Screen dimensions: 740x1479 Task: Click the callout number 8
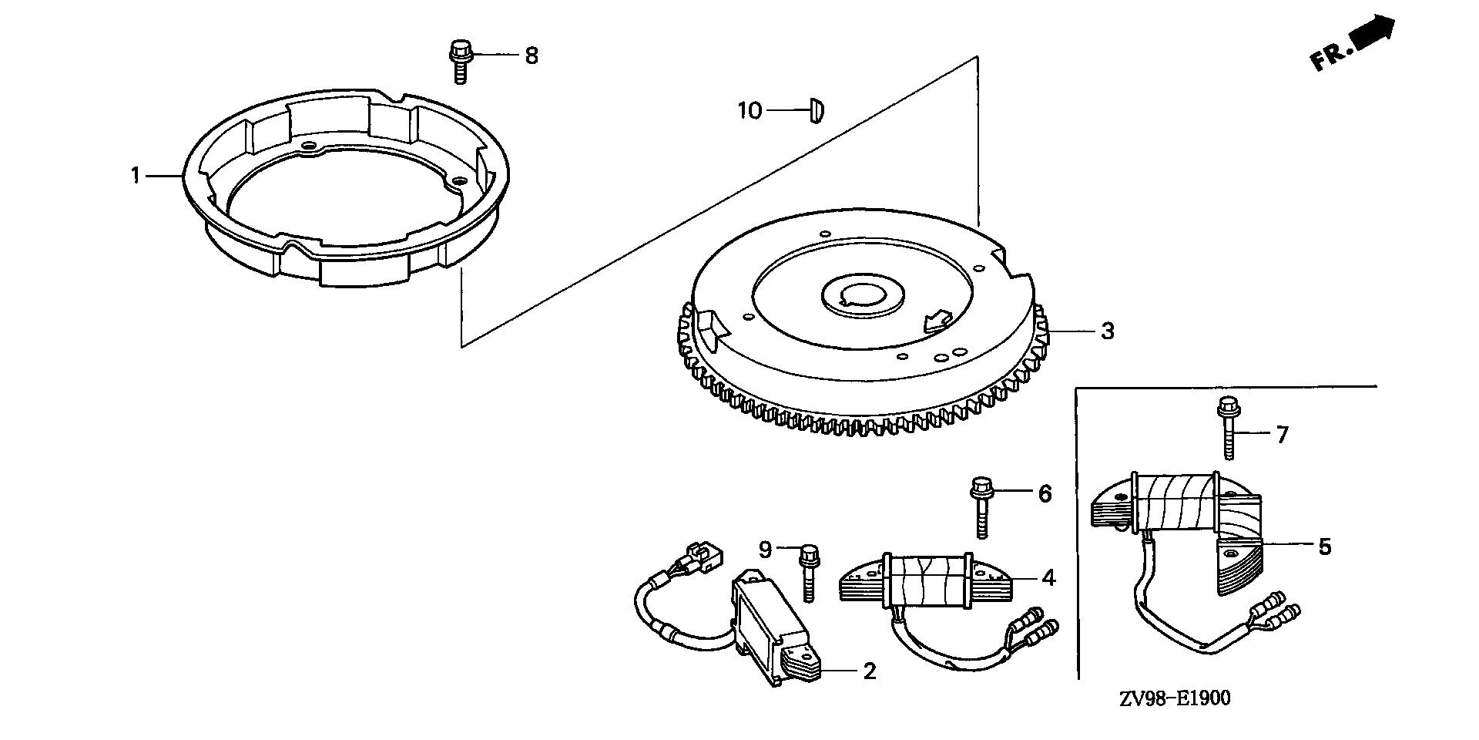532,56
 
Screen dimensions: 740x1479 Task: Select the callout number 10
749,111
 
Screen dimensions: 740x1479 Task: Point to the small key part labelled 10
817,109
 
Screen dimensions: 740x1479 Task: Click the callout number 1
136,177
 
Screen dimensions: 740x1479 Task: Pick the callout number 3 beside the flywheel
1107,331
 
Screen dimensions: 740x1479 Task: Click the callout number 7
1282,436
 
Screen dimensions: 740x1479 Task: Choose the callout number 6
1045,493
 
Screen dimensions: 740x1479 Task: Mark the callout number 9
765,550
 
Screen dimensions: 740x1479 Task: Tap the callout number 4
1048,578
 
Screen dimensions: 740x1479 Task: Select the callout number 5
1324,547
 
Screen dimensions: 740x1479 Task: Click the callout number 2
870,671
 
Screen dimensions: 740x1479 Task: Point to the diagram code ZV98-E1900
1175,698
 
